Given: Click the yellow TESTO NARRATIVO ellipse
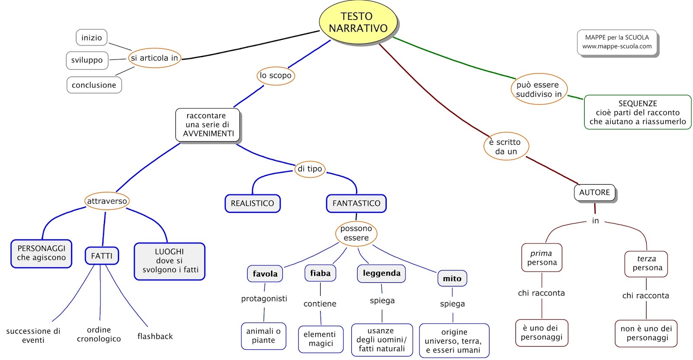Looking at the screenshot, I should pyautogui.click(x=358, y=23).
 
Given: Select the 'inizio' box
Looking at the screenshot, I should pyautogui.click(x=91, y=38).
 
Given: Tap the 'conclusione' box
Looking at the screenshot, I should pyautogui.click(x=94, y=85).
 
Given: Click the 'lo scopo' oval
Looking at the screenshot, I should pyautogui.click(x=275, y=76).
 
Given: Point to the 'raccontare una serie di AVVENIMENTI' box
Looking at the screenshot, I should pyautogui.click(x=207, y=125).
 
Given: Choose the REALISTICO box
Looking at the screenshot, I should pyautogui.click(x=253, y=203).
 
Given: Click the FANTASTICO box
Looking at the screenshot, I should pyautogui.click(x=356, y=203).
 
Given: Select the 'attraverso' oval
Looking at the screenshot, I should pyautogui.click(x=107, y=201).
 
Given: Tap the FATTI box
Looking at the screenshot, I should pyautogui.click(x=102, y=256).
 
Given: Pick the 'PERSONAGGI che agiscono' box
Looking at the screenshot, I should pyautogui.click(x=42, y=253).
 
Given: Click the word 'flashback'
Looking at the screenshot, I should pyautogui.click(x=155, y=336).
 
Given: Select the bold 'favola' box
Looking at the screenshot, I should pyautogui.click(x=265, y=274).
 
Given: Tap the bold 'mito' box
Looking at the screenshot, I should pyautogui.click(x=452, y=279).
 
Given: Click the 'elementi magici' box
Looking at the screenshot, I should pyautogui.click(x=321, y=339).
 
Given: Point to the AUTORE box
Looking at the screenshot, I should pyautogui.click(x=594, y=192).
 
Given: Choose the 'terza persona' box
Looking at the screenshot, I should pyautogui.click(x=646, y=263).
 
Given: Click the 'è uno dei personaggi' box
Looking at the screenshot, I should pyautogui.click(x=541, y=333).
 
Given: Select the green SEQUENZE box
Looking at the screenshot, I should pyautogui.click(x=638, y=112).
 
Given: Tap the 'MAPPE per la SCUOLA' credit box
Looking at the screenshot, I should pyautogui.click(x=617, y=42).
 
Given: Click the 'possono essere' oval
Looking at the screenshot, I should pyautogui.click(x=356, y=233).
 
